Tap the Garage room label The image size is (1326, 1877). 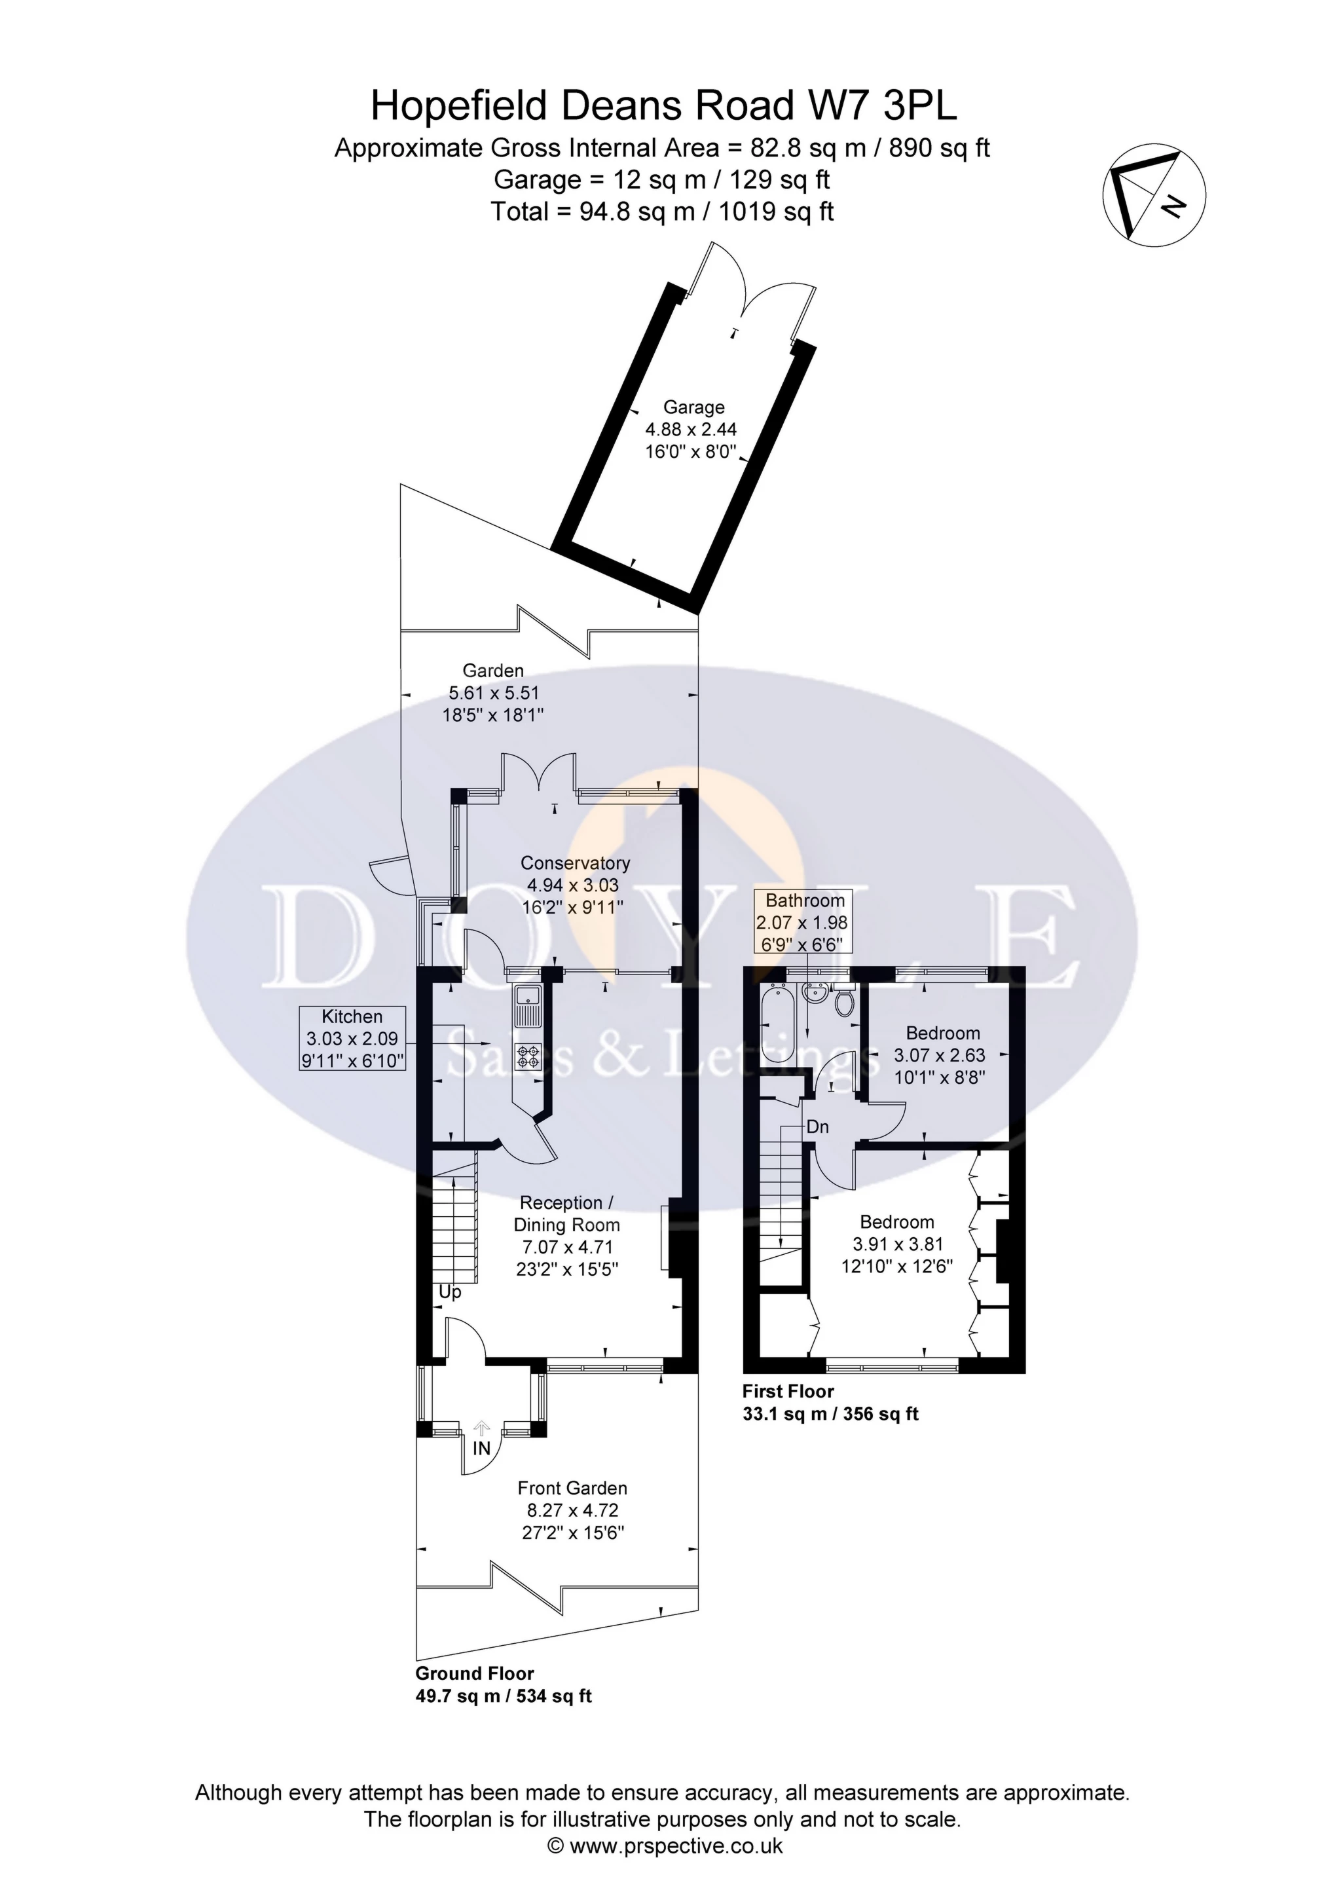[693, 407]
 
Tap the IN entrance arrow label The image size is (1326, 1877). [481, 1448]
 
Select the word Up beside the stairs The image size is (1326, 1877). [450, 1292]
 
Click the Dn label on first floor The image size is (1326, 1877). [817, 1127]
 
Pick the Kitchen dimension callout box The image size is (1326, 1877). [352, 1038]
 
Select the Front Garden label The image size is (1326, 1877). [572, 1488]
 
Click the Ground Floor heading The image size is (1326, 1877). [474, 1673]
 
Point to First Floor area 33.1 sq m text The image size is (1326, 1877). [830, 1414]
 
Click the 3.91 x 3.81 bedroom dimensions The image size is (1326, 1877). [898, 1244]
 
